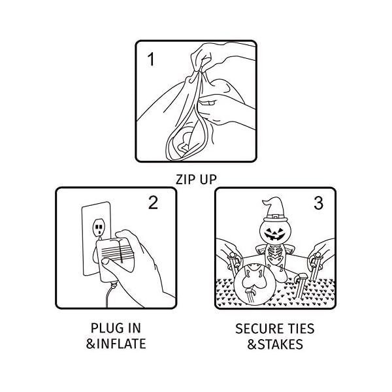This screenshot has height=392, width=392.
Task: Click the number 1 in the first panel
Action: pos(152,60)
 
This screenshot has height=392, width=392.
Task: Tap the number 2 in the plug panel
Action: pos(153,203)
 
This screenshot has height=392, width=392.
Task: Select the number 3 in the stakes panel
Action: pos(318,203)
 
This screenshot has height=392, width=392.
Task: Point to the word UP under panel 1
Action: pos(208,178)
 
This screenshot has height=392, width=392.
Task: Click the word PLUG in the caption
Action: pos(106,328)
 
